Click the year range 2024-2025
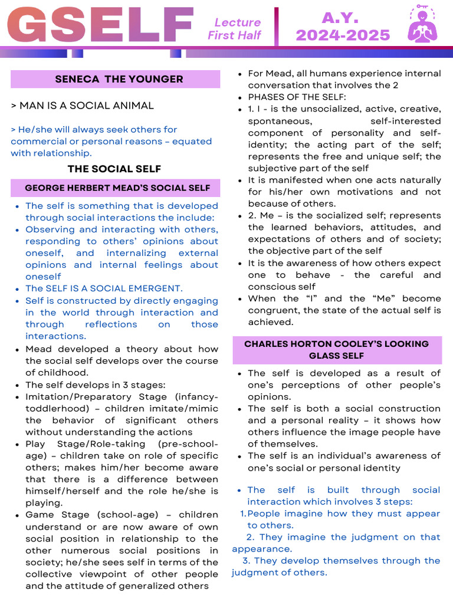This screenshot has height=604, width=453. coord(343,35)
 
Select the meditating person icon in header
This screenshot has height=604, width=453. coord(423,25)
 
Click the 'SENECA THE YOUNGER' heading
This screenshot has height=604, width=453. coord(119,79)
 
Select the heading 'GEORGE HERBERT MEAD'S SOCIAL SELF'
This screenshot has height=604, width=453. coord(117,188)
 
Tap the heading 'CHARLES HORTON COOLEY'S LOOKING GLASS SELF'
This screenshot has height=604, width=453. coord(336,350)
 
